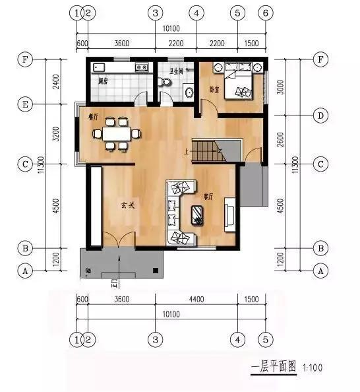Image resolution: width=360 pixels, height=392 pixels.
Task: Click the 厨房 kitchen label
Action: coord(102,81)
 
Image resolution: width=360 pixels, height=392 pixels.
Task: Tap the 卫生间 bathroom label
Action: coord(177,69)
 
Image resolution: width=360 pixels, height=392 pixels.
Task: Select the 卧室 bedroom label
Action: coord(215,88)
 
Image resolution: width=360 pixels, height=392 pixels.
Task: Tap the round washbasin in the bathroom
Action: coord(189,91)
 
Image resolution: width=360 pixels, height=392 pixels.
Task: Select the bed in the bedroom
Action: coord(240,82)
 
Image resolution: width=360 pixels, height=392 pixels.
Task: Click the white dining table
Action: coord(117,133)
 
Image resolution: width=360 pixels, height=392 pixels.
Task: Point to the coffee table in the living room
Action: coord(197,214)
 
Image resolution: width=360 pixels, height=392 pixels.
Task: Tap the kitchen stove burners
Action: coord(141,67)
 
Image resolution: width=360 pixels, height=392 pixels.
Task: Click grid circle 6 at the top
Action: coord(265,13)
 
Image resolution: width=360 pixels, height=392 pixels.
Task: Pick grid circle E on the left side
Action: coord(25,104)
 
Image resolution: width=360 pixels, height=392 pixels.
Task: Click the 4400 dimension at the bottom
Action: coord(196,298)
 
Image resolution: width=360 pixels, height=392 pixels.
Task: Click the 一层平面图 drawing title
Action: coord(273,367)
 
